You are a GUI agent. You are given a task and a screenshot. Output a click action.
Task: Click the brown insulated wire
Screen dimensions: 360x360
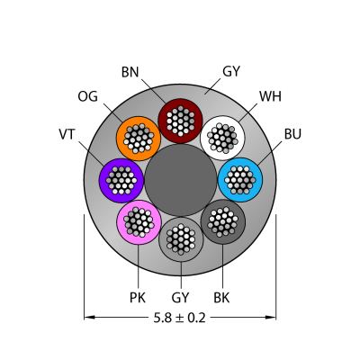pyautogui.click(x=180, y=121)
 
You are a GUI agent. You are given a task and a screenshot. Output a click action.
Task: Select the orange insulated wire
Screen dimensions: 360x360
pyautogui.click(x=139, y=139)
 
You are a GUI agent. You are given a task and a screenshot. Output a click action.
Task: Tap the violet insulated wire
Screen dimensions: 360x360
pyautogui.click(x=121, y=181)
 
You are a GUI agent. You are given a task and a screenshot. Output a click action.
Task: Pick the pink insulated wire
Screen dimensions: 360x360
pyautogui.click(x=139, y=222)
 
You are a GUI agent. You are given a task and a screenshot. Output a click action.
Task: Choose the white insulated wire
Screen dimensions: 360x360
pyautogui.click(x=222, y=139)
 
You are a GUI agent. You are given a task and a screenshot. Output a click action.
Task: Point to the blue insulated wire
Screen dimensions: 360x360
pyautogui.click(x=240, y=180)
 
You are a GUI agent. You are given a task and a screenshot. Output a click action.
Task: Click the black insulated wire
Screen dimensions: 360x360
pyautogui.click(x=223, y=221)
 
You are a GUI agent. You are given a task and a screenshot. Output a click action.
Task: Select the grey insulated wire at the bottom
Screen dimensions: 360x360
pyautogui.click(x=181, y=239)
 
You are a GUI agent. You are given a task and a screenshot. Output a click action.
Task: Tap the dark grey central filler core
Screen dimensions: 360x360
pyautogui.click(x=181, y=180)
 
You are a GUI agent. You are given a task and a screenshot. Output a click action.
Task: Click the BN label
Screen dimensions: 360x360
pyautogui.click(x=130, y=72)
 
